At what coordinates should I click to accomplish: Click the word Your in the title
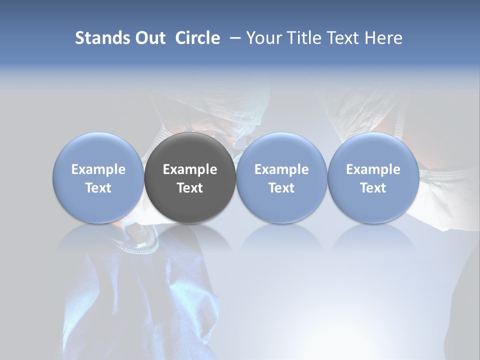click(x=263, y=38)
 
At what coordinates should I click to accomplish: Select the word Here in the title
click(x=384, y=38)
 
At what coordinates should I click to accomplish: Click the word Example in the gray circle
click(x=190, y=169)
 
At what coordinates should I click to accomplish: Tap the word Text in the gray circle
click(x=190, y=188)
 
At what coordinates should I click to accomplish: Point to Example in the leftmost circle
click(x=98, y=169)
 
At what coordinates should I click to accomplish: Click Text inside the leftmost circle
click(x=98, y=188)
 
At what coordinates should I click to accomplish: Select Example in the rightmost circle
click(x=373, y=169)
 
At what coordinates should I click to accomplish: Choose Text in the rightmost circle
click(x=373, y=188)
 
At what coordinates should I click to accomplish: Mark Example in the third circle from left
click(x=281, y=169)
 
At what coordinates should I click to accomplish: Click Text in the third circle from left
click(x=281, y=188)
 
